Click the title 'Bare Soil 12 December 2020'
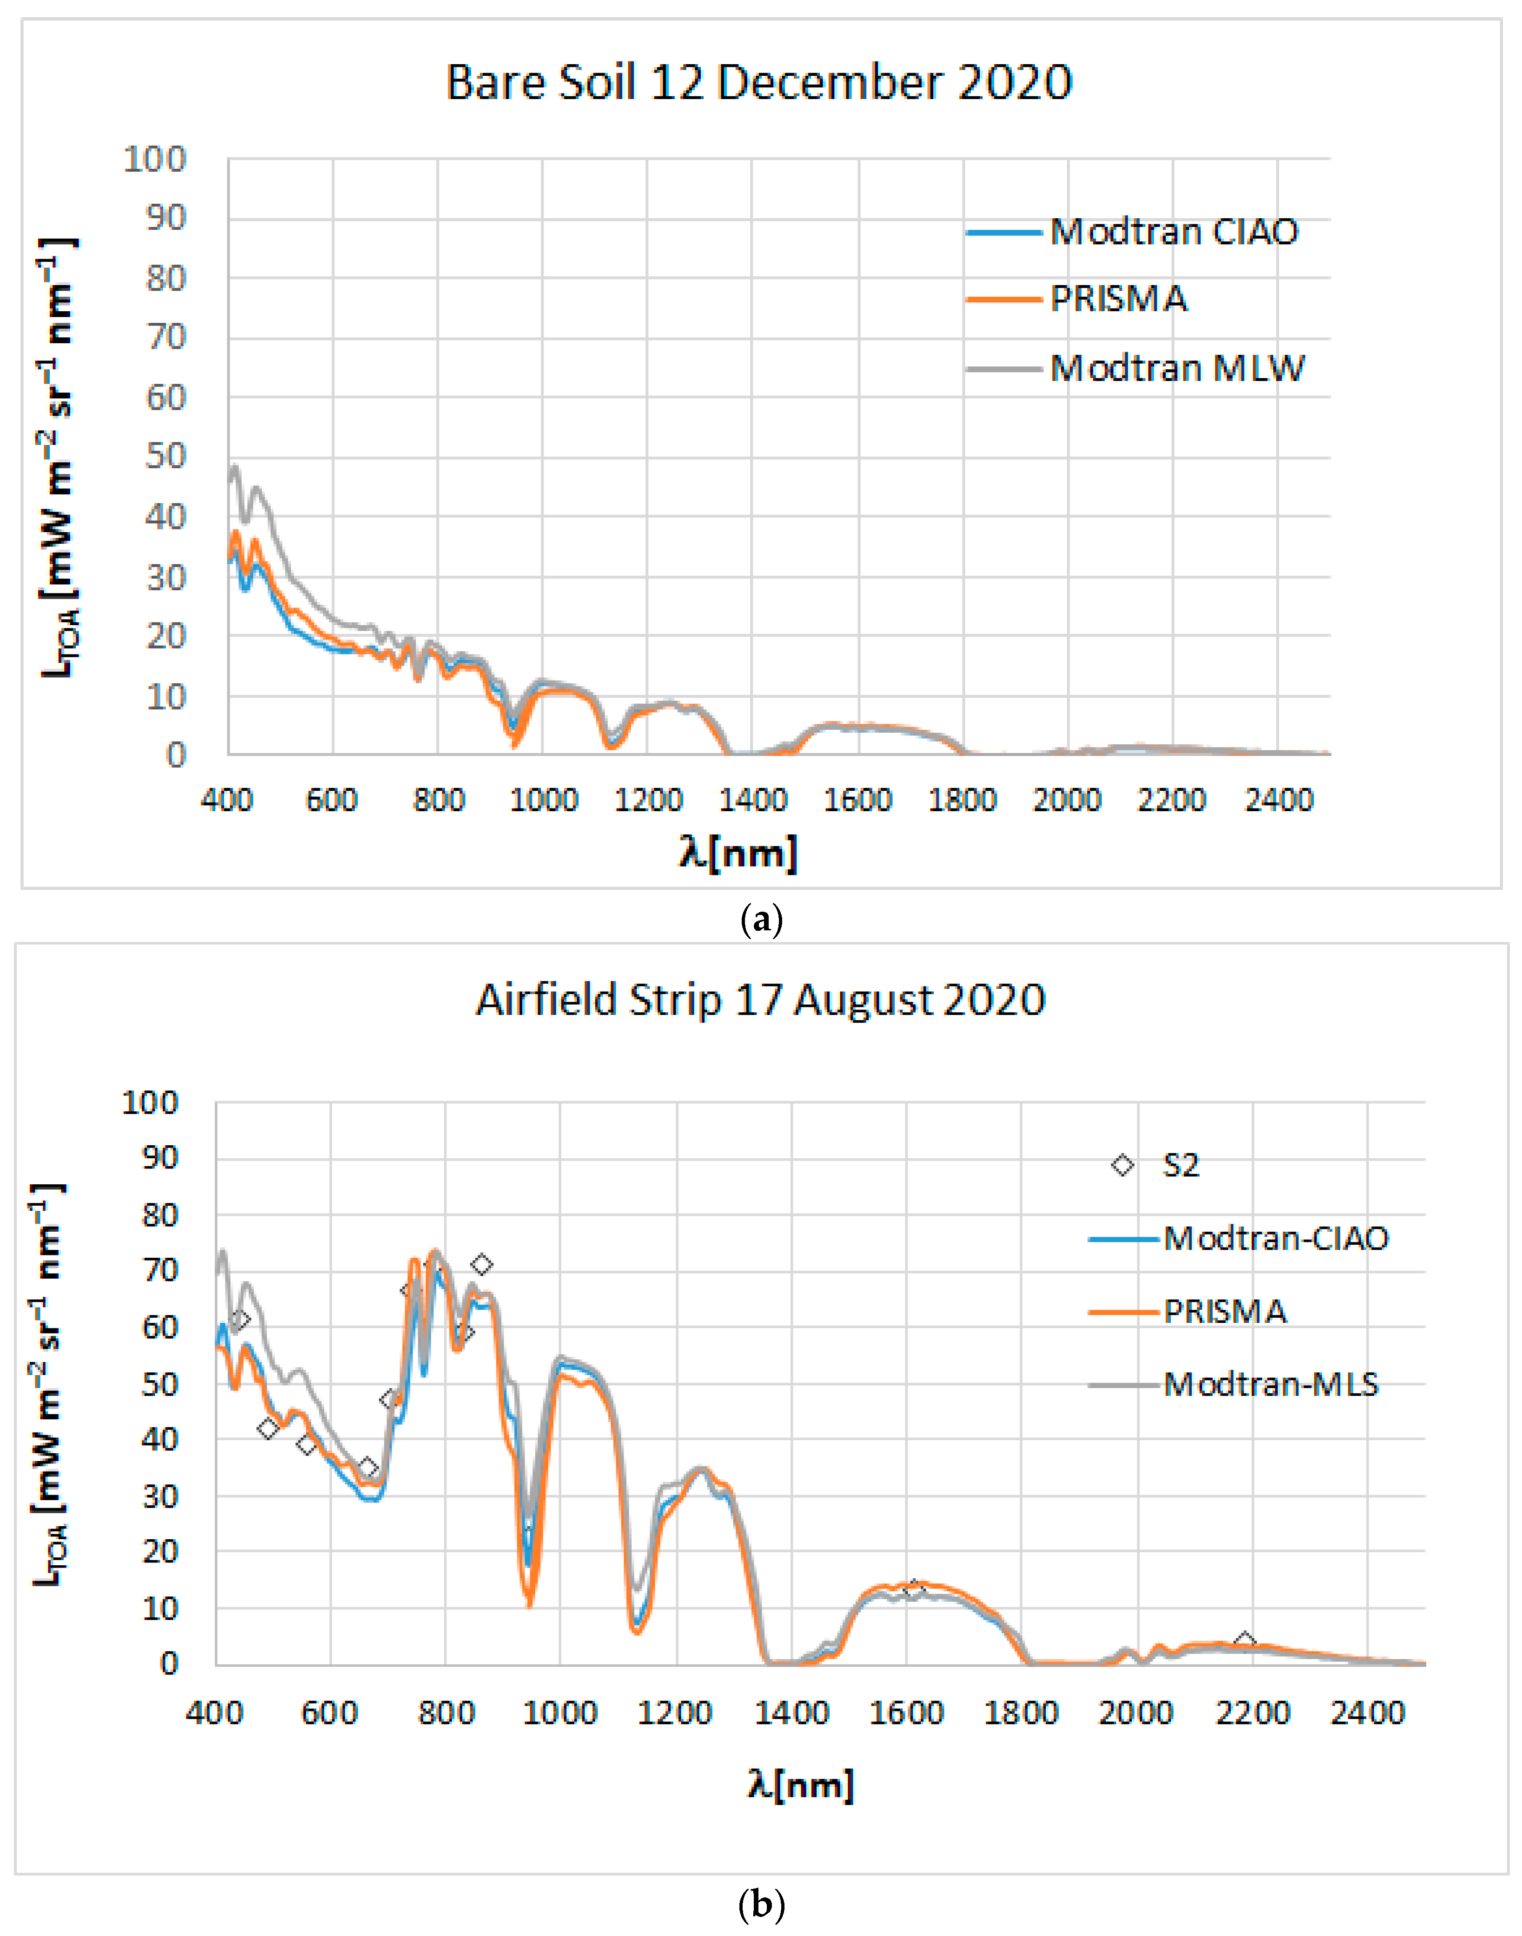pos(758,83)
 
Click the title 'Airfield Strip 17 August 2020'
pos(760,1000)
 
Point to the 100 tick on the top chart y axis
pos(154,160)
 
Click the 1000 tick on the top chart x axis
pos(543,800)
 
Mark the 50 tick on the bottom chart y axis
pos(160,1384)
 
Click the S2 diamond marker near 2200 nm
pos(1245,1642)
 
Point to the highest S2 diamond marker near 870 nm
pos(481,1264)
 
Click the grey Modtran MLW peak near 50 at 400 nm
pos(234,466)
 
